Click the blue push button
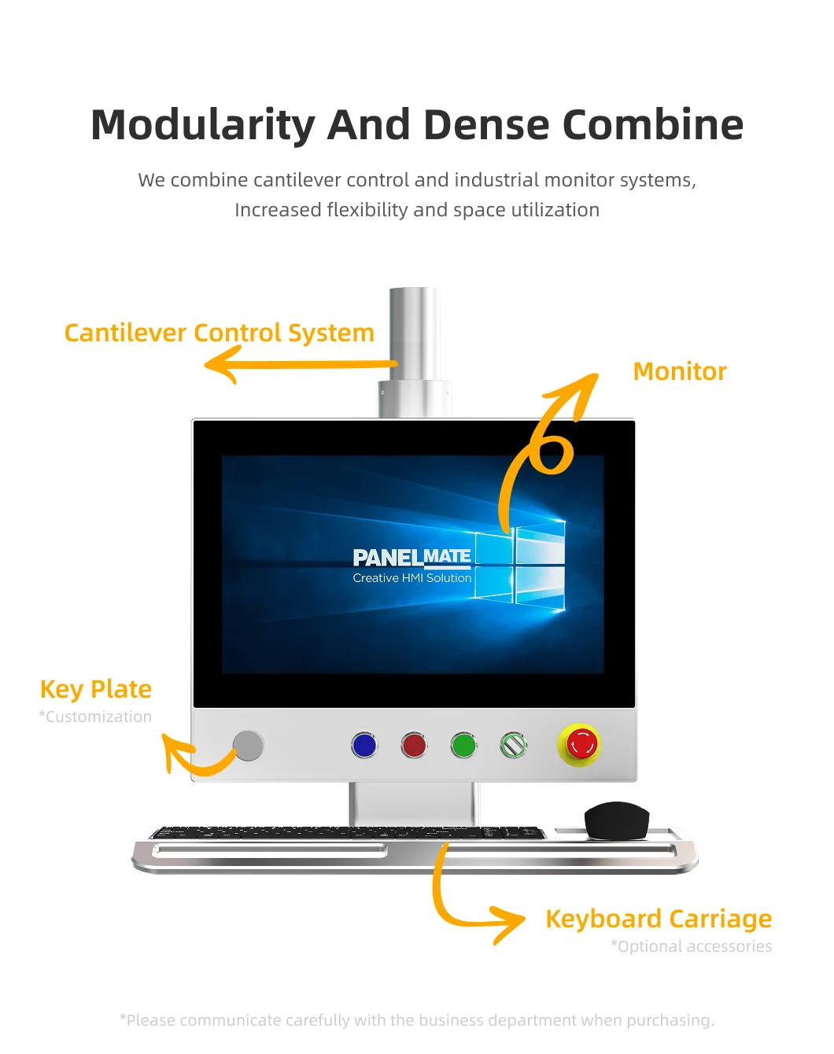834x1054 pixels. pyautogui.click(x=364, y=745)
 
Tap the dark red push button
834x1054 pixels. pyautogui.click(x=414, y=745)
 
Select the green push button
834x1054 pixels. pyautogui.click(x=464, y=745)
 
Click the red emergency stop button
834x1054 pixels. pyautogui.click(x=581, y=743)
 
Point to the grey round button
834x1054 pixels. pyautogui.click(x=249, y=746)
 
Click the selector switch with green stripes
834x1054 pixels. pyautogui.click(x=514, y=744)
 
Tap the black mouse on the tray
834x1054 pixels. pyautogui.click(x=617, y=820)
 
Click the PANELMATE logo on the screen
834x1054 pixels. pyautogui.click(x=411, y=557)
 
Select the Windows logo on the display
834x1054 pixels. pyautogui.click(x=521, y=566)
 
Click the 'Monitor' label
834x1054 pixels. pyautogui.click(x=680, y=371)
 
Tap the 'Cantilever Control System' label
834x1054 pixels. pyautogui.click(x=219, y=333)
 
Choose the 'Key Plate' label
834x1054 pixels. pyautogui.click(x=96, y=689)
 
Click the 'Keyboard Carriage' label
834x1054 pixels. pyautogui.click(x=659, y=919)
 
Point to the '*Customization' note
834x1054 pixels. pyautogui.click(x=96, y=717)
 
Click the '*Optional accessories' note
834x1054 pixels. pyautogui.click(x=692, y=946)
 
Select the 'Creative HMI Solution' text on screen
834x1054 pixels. pyautogui.click(x=411, y=578)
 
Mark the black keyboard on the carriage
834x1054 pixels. pyautogui.click(x=346, y=832)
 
